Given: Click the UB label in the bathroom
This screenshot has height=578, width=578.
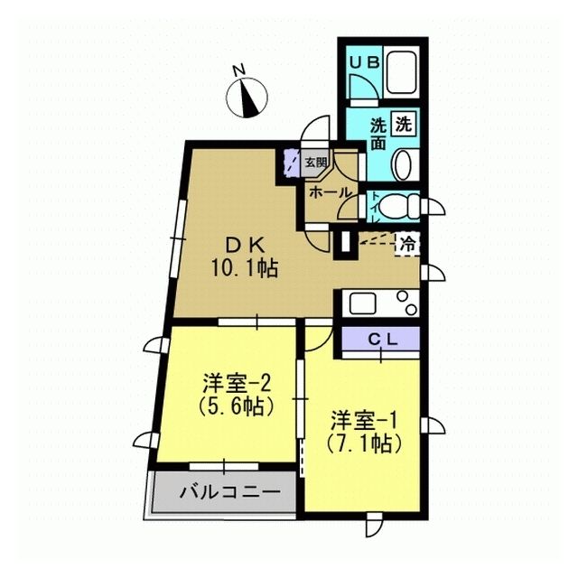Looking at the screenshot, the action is (x=364, y=62).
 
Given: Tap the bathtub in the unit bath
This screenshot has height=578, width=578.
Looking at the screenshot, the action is (x=401, y=72).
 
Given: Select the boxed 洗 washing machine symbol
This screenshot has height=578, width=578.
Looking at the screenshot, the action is (x=404, y=125).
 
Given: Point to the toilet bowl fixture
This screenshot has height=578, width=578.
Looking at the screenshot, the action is (x=399, y=207).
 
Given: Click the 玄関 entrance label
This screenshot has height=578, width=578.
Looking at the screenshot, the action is (x=316, y=163).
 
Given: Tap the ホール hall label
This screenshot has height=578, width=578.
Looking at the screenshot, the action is (x=331, y=192).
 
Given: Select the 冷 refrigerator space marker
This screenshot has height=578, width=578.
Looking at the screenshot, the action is (x=407, y=244).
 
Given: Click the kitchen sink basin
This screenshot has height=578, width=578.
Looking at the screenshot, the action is (x=362, y=303).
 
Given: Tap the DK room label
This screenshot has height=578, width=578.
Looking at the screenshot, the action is (x=245, y=246).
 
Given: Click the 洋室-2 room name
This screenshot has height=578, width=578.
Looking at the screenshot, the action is (x=237, y=384).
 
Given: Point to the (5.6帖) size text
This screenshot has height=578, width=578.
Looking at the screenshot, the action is (x=237, y=406).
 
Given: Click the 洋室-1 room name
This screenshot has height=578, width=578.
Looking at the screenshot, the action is (x=363, y=421).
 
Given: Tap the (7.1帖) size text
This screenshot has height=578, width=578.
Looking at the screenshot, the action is (x=363, y=443).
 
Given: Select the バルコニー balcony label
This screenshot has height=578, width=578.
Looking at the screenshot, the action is (x=230, y=492).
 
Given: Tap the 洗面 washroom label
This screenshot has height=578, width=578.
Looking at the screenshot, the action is (x=378, y=134).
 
